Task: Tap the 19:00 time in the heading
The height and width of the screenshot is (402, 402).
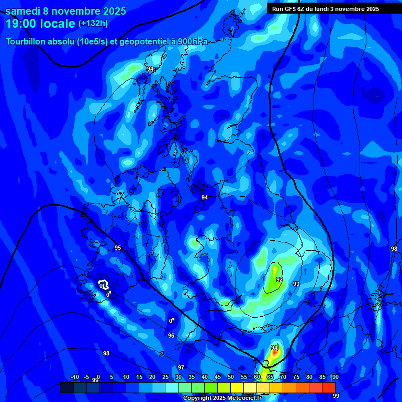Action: click(x=23, y=24)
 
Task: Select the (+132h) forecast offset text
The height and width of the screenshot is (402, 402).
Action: click(x=94, y=24)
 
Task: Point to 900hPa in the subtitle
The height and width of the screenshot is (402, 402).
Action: click(x=192, y=41)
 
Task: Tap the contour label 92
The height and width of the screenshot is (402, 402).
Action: click(x=280, y=280)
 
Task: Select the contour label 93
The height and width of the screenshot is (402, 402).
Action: click(x=296, y=284)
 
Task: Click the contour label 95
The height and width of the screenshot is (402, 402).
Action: click(x=118, y=248)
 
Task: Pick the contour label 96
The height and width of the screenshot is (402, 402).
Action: click(x=171, y=336)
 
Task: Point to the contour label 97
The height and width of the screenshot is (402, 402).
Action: click(x=181, y=367)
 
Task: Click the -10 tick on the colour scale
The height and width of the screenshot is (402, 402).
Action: click(x=74, y=377)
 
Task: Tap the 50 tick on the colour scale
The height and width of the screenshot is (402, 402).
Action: click(x=231, y=377)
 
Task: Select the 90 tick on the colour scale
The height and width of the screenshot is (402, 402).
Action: click(x=335, y=377)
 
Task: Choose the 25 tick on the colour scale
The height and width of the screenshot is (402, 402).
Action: click(x=165, y=377)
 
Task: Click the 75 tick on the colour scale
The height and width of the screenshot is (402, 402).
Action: click(x=296, y=377)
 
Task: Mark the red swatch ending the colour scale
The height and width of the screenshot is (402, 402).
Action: click(x=329, y=387)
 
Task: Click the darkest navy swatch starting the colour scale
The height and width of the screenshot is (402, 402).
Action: click(x=67, y=387)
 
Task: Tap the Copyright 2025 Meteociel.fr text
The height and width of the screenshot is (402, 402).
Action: click(x=222, y=398)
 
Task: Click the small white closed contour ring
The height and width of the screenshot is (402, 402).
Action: click(x=104, y=285)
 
